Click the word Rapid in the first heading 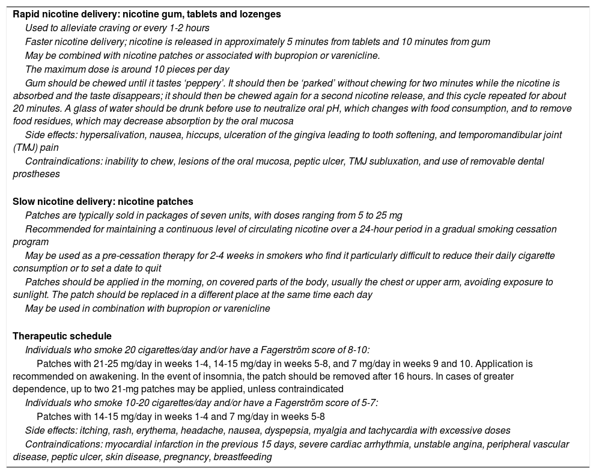tap(26, 14)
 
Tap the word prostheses tap(36, 174)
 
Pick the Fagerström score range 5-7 tap(366, 403)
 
